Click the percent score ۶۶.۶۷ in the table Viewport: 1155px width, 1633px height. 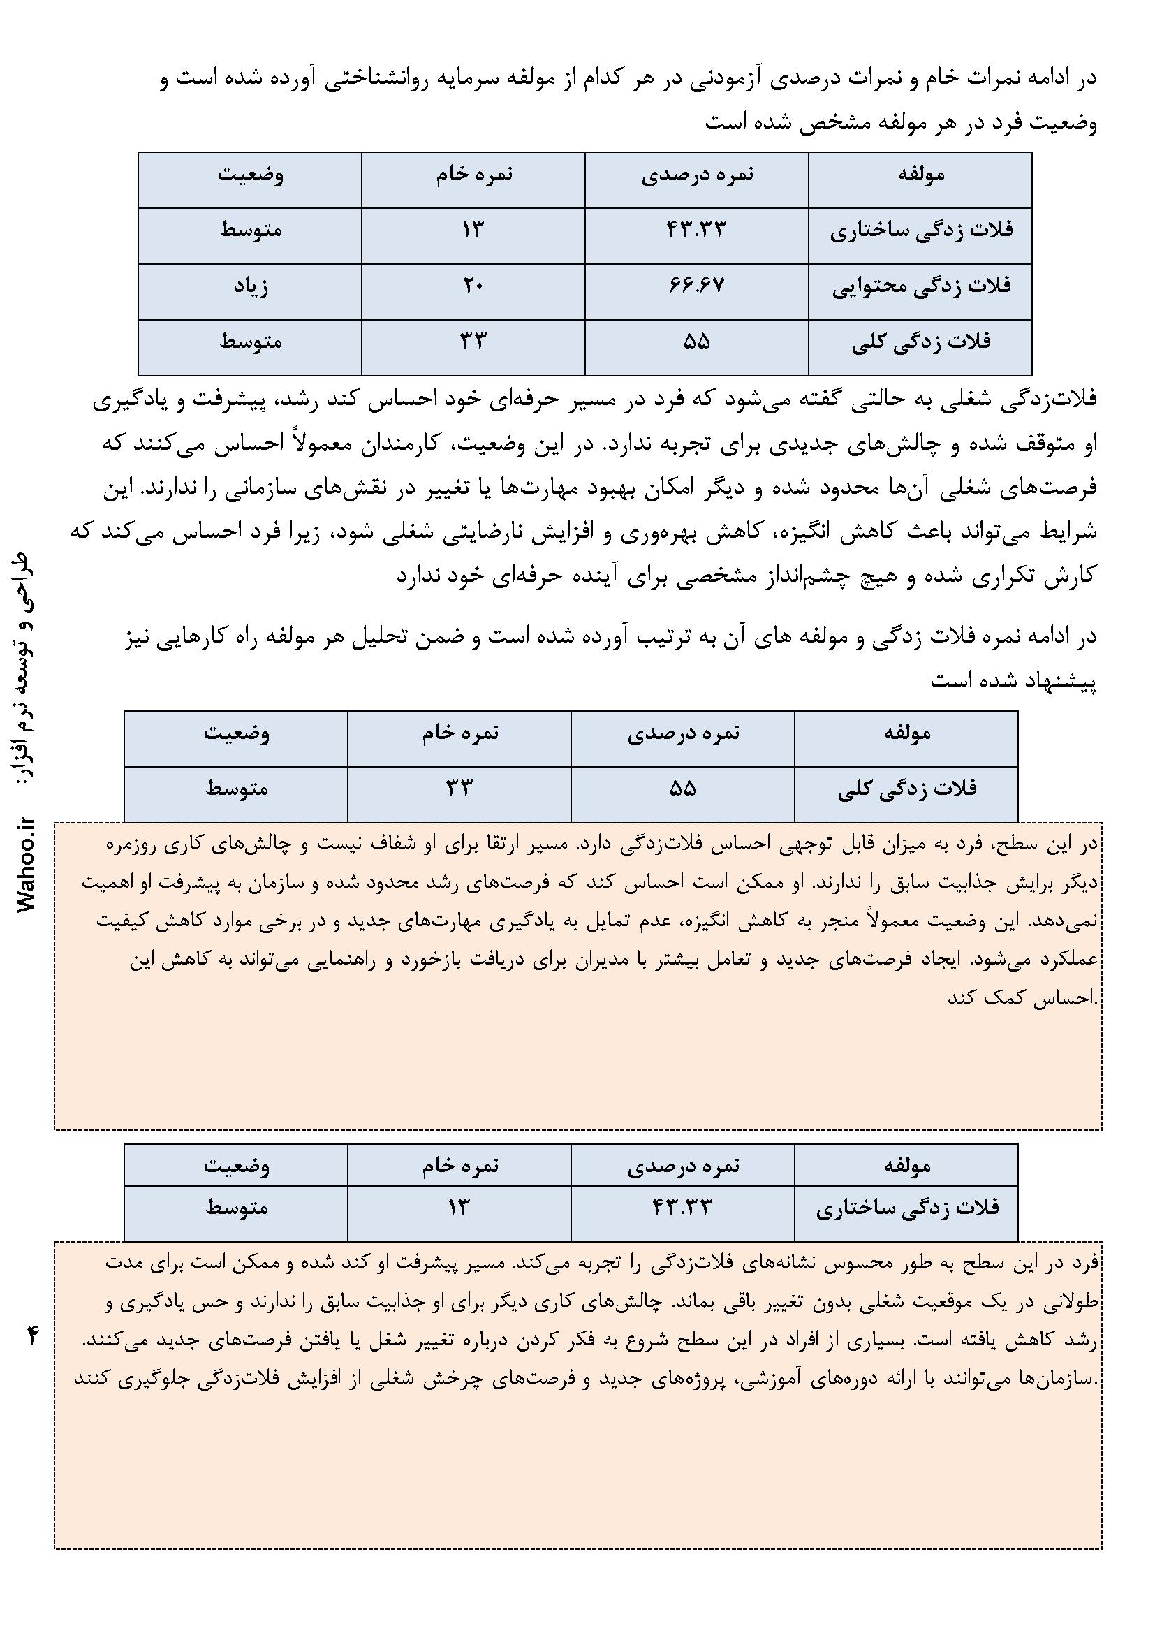(696, 285)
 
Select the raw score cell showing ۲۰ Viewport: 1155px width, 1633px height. (472, 285)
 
